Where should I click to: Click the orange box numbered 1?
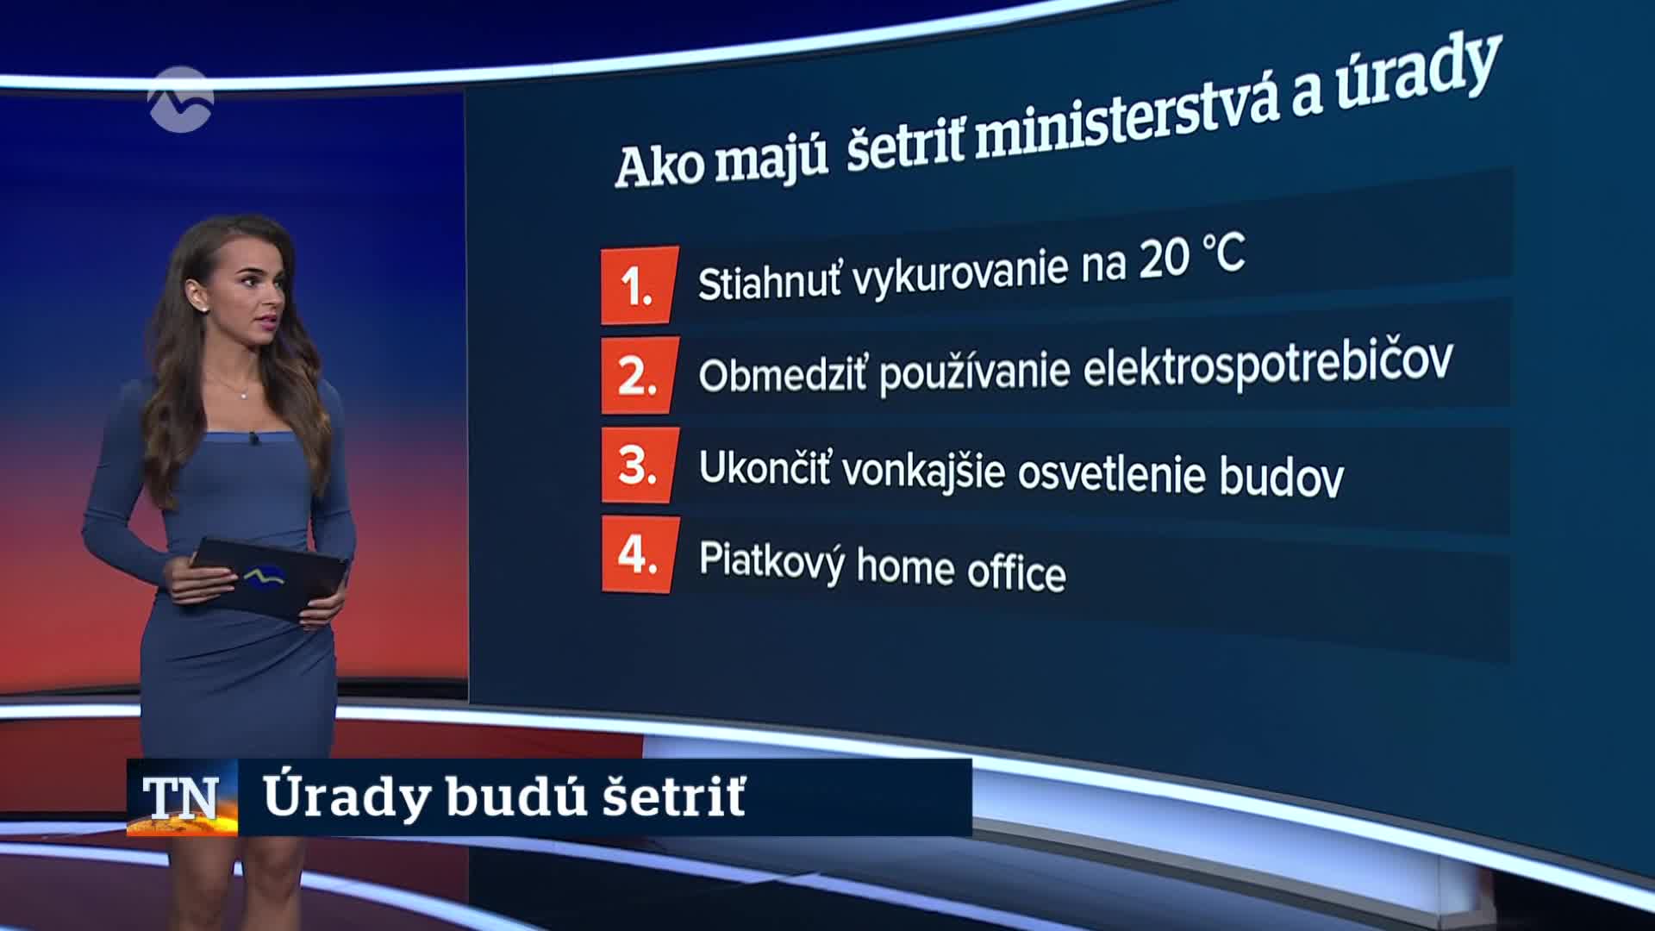tap(639, 285)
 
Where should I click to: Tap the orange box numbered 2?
tap(639, 375)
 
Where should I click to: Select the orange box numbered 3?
tap(639, 465)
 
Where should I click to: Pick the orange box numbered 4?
tap(639, 554)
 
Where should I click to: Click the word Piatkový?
tap(771, 561)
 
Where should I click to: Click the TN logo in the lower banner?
tap(182, 797)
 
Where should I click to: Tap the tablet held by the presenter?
tap(269, 578)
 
